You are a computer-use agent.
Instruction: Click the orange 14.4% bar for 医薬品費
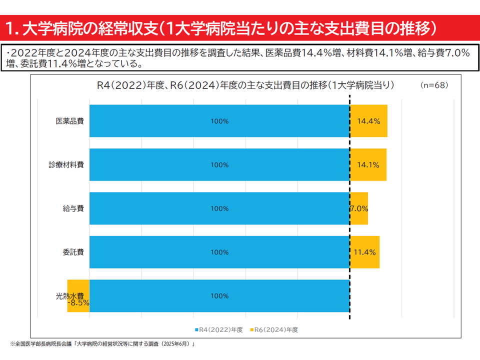tap(368, 121)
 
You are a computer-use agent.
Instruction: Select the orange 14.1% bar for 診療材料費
tap(368, 165)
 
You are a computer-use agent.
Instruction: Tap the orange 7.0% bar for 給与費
tap(359, 208)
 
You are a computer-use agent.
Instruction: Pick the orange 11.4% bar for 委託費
tap(364, 252)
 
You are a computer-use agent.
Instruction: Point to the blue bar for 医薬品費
tap(219, 121)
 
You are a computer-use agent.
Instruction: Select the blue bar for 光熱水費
tap(219, 296)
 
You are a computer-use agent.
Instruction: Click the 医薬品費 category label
tap(69, 121)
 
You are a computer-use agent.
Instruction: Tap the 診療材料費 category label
tap(66, 165)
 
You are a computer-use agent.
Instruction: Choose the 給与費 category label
tap(73, 208)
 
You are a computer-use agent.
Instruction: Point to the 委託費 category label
tap(73, 252)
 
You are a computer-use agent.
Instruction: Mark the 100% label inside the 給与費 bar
tap(219, 208)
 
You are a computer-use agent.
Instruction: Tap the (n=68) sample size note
tap(434, 85)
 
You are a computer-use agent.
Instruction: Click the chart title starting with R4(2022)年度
tap(245, 85)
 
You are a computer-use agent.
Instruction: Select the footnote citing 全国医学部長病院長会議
tap(102, 344)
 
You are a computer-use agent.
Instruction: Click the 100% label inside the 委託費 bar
tap(219, 252)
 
